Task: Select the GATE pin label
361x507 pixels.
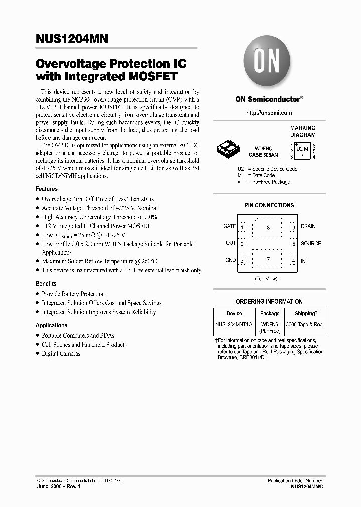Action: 229,226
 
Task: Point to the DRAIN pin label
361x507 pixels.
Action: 308,226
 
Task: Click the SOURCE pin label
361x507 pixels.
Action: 311,244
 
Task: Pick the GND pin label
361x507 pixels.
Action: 230,260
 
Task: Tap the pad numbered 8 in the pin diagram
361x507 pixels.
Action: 268,228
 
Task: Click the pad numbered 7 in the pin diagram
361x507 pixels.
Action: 268,259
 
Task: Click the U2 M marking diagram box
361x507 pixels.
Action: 302,149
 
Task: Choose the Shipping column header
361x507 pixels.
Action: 305,313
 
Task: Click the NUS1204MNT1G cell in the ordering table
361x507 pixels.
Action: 234,325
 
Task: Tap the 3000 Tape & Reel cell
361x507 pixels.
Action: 305,325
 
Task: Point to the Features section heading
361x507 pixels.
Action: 47,189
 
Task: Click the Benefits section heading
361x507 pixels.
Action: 46,284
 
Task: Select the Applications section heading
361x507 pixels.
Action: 51,325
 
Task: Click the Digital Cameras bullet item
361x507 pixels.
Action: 61,354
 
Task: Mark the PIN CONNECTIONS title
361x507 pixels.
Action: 269,205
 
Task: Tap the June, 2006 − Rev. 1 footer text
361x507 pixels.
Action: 59,487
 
